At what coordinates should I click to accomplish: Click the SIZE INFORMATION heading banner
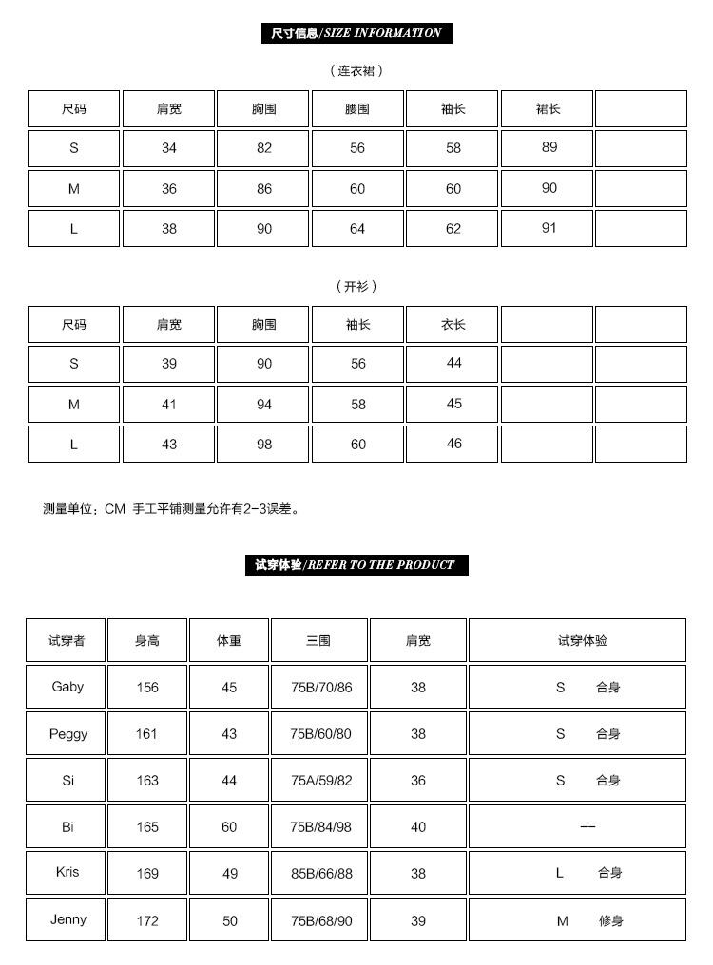coord(356,33)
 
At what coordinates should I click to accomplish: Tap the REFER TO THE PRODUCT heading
coord(356,565)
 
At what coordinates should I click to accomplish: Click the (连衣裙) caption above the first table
coord(356,70)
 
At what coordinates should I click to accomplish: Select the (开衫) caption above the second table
coord(356,286)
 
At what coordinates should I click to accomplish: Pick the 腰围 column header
coord(357,109)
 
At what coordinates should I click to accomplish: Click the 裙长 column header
coord(549,109)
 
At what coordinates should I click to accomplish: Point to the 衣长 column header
coord(453,325)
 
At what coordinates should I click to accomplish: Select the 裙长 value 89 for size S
coord(549,147)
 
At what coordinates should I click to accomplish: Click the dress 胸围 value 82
coord(264,148)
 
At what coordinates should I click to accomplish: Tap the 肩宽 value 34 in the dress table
coord(169,148)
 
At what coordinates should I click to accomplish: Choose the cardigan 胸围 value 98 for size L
coord(264,445)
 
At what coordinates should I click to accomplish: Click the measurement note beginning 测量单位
coord(172,509)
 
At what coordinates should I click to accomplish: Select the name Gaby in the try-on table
coord(67,687)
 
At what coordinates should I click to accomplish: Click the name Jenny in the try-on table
coord(68,919)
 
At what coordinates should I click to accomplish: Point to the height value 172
coord(147,920)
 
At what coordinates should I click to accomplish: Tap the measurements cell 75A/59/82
coord(320,781)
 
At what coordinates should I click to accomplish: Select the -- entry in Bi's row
coord(588,827)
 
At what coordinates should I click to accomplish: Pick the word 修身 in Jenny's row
coord(610,920)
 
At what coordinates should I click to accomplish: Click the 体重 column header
coord(229,641)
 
